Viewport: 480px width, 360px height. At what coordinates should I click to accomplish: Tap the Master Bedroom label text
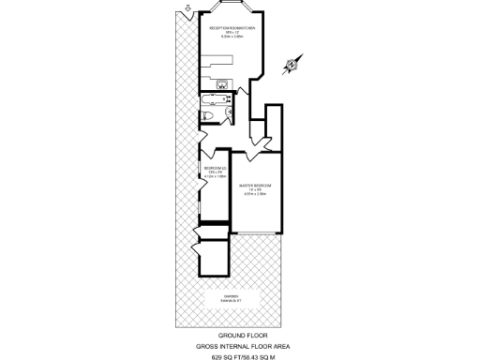(x=254, y=185)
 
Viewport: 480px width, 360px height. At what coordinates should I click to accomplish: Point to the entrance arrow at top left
(x=187, y=11)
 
